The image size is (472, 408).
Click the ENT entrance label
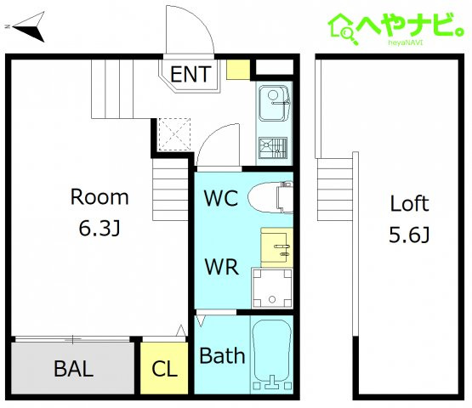191,74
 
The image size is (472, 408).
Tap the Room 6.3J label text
100,212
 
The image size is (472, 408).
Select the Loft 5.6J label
409,218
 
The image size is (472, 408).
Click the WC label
221,198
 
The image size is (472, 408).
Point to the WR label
222,266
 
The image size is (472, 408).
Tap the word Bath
222,355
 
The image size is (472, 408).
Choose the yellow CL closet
164,368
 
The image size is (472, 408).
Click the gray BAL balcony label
73,368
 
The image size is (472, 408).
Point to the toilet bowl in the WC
270,197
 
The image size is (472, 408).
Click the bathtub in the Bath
272,354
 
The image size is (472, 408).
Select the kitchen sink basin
274,103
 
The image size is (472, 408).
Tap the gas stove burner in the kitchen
273,147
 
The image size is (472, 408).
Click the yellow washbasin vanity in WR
277,247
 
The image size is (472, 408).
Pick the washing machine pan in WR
272,288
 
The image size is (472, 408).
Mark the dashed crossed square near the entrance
174,134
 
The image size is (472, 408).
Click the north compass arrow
29,27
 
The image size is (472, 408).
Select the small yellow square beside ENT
238,70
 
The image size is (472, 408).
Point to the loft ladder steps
335,190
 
